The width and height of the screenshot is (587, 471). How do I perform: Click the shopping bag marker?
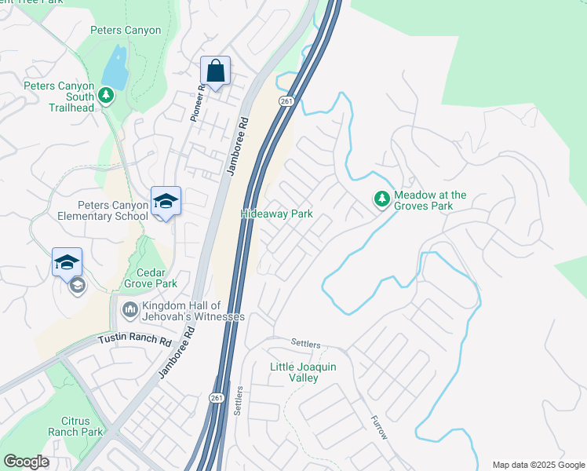tap(215, 71)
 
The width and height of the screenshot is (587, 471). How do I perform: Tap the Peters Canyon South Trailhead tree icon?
tap(107, 97)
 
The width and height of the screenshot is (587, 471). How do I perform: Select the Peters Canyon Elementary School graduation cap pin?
tap(166, 203)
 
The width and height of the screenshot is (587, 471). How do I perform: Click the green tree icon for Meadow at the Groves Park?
tap(381, 199)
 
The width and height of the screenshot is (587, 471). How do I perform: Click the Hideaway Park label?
tap(276, 214)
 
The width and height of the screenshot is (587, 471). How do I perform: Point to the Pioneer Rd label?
tap(197, 102)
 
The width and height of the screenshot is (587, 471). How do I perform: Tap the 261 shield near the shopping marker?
tap(286, 101)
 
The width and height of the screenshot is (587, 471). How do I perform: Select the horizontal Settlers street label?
tap(306, 343)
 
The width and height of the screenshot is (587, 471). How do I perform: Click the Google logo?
tap(26, 462)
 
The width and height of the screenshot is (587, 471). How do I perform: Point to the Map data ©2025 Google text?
tap(538, 465)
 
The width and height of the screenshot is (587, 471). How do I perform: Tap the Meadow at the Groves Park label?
tap(430, 200)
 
